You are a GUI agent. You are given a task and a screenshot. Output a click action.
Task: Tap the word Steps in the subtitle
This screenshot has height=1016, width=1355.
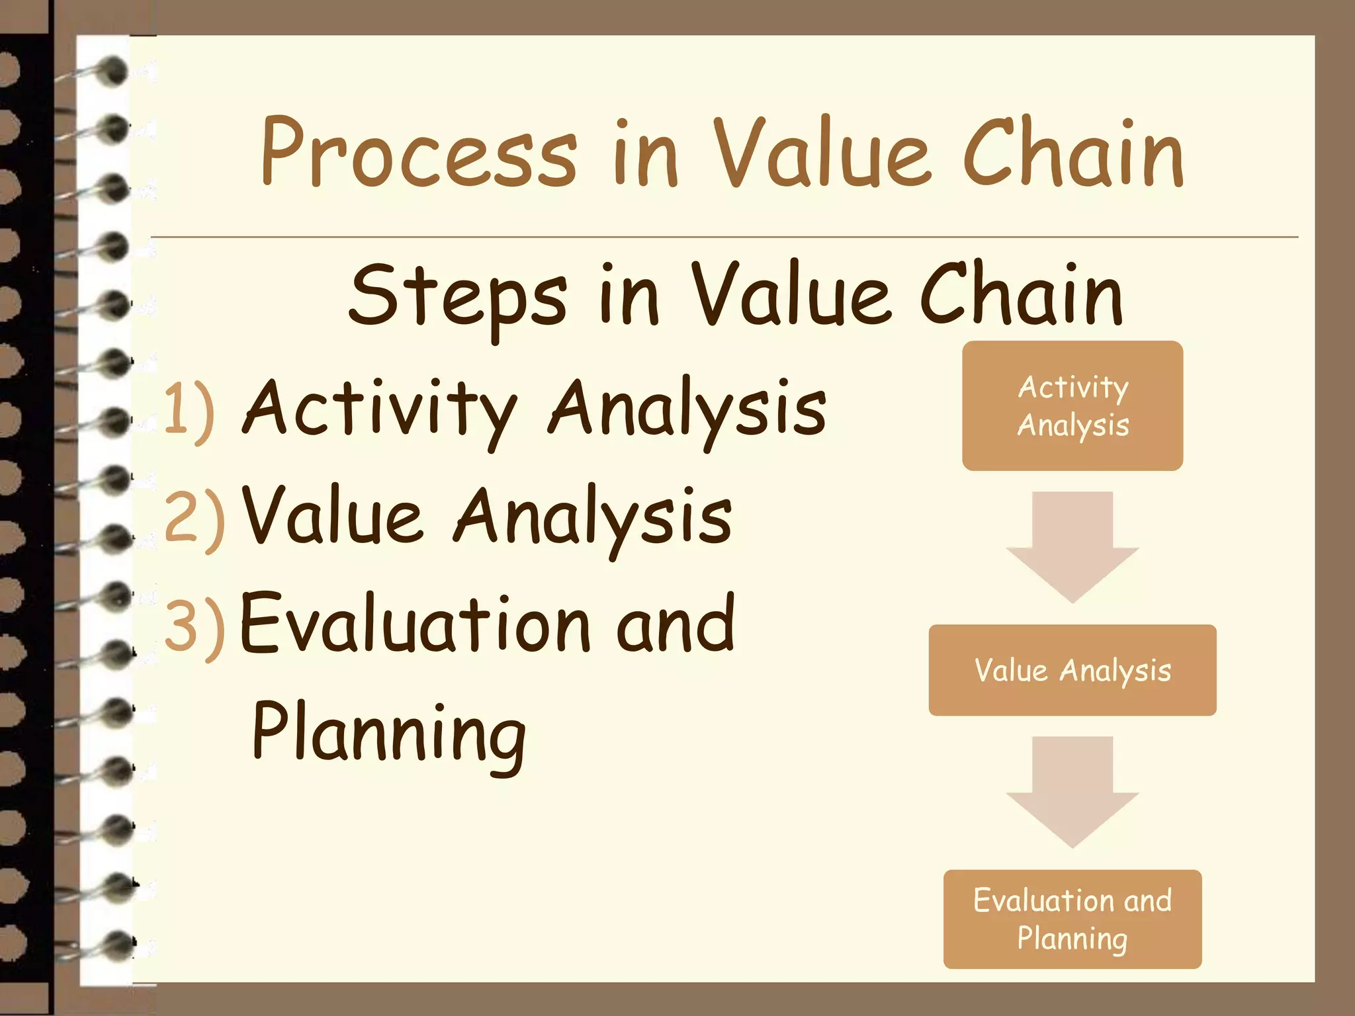(x=457, y=296)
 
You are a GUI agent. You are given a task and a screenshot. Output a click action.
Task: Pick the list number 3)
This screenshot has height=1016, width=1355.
(x=194, y=625)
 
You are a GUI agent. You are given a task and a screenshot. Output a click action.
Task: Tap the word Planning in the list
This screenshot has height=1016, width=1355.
(x=389, y=733)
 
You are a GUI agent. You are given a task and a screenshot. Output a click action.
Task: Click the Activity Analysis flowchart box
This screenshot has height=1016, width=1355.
(x=1072, y=405)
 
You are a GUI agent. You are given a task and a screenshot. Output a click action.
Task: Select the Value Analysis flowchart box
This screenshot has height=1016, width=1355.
(x=1072, y=669)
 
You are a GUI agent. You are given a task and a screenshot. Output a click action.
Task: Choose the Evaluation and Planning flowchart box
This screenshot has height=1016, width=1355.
(x=1072, y=919)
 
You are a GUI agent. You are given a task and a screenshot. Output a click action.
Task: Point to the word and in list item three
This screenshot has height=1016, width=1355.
(x=675, y=623)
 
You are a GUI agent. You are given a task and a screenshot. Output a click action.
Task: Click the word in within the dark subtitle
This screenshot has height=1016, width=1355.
(x=629, y=296)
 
